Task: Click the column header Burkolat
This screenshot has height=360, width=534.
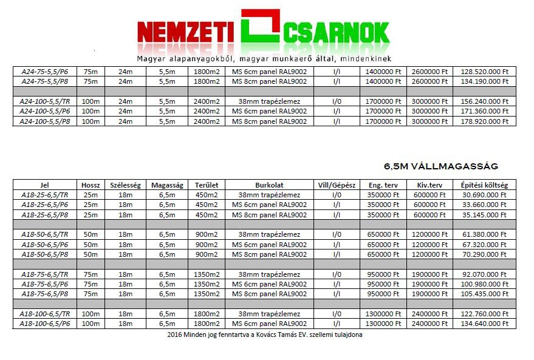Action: pyautogui.click(x=269, y=185)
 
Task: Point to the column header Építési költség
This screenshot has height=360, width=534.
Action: pyautogui.click(x=484, y=185)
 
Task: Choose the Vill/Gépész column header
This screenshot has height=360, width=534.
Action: pyautogui.click(x=337, y=185)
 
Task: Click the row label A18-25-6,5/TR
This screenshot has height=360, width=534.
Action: pyautogui.click(x=46, y=195)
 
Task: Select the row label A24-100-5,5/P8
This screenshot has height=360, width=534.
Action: pyautogui.click(x=46, y=121)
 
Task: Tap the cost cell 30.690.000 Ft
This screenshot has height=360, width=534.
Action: pyautogui.click(x=484, y=195)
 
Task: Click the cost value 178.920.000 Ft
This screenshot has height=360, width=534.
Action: pyautogui.click(x=484, y=121)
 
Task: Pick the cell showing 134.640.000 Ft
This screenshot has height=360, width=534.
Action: pyautogui.click(x=484, y=324)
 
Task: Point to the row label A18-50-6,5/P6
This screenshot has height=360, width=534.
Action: pyautogui.click(x=46, y=244)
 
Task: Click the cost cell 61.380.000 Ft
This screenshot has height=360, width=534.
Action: pyautogui.click(x=484, y=234)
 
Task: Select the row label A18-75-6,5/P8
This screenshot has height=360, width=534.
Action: pyautogui.click(x=46, y=294)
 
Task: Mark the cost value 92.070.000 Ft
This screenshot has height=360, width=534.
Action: pyautogui.click(x=484, y=274)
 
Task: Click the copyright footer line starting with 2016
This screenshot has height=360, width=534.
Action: pyautogui.click(x=265, y=335)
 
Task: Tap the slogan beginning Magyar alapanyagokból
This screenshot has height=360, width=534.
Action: pyautogui.click(x=264, y=59)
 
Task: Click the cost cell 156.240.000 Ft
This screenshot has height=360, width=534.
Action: pyautogui.click(x=484, y=101)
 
